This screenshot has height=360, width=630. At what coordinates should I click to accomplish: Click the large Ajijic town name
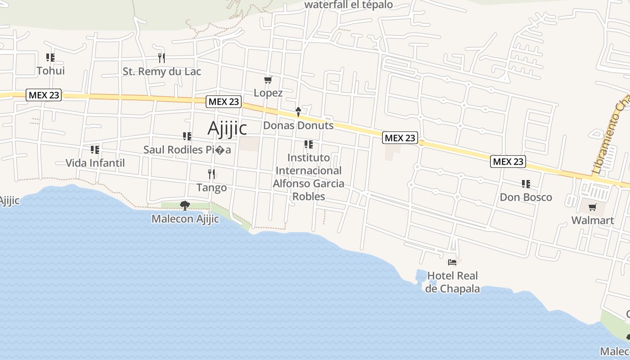point(227,128)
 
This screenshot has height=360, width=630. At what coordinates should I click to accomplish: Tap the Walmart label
point(593,220)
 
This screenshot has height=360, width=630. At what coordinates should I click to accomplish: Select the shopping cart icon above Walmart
point(593,207)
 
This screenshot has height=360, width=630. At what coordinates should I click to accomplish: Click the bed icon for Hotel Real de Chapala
point(452,262)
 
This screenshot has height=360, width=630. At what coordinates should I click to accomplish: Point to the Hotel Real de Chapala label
point(452,282)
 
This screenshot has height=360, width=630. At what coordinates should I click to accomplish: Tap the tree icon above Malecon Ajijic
point(184,206)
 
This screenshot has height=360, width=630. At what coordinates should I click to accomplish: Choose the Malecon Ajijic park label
point(185,219)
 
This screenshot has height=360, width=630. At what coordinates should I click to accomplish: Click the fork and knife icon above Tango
point(211,174)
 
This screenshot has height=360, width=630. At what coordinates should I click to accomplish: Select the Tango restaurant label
point(211,187)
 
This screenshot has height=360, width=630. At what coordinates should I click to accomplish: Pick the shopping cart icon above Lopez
point(268,80)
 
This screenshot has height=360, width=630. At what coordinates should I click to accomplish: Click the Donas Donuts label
point(298,126)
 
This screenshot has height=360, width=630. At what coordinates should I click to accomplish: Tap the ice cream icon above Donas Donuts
point(298,112)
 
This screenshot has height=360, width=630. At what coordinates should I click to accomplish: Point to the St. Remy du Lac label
point(162,72)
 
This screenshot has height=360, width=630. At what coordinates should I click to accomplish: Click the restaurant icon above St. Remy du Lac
point(162,58)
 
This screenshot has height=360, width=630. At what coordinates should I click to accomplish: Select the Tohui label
point(51,71)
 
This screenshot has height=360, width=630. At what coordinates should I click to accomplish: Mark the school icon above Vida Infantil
point(95,149)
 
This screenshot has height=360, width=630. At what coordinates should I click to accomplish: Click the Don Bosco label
point(526,198)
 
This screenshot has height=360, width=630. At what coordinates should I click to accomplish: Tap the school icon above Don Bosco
point(526,184)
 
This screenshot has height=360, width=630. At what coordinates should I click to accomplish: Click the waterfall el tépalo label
point(349,5)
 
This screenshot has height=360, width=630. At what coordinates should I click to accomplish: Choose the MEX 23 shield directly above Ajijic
point(224,102)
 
